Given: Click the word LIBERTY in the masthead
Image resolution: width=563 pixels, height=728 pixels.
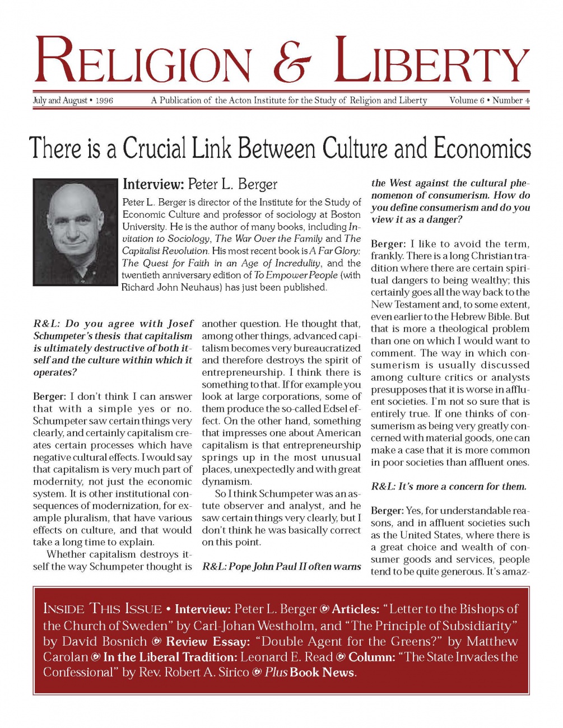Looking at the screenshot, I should coord(433,61).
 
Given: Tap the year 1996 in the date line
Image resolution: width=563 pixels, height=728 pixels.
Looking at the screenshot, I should coord(104,101).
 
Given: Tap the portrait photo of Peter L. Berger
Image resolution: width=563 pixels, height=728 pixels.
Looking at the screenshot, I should coord(76,232).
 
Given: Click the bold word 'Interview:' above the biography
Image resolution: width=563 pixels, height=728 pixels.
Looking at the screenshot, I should coord(153,184).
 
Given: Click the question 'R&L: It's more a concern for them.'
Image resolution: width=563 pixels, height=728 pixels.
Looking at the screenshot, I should coord(449,487).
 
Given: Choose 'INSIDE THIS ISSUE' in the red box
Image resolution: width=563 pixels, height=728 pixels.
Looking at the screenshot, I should coord(102,609).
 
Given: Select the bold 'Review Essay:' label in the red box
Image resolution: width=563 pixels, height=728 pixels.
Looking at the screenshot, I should coord(208,642).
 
